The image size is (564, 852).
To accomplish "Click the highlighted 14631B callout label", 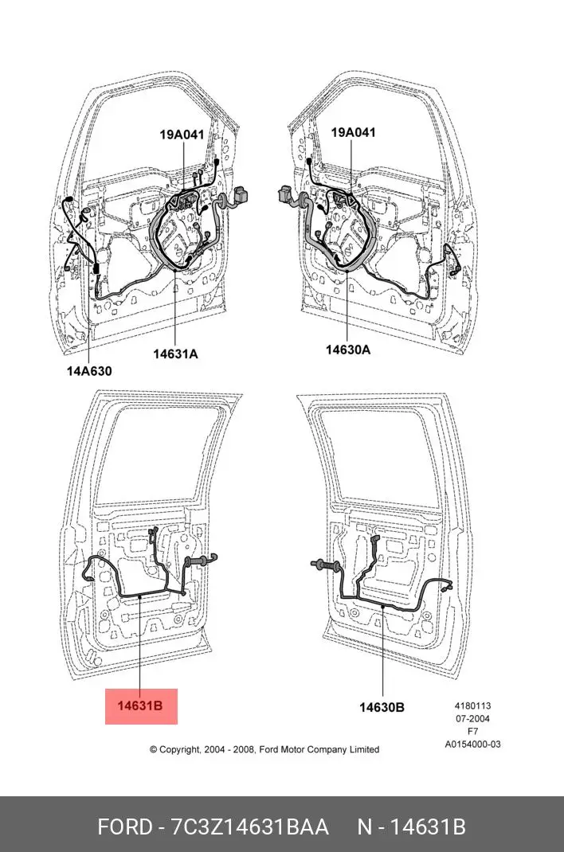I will coord(140,705).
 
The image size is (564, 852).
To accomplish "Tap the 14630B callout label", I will coord(382,707).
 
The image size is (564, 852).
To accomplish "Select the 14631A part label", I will coord(175,354).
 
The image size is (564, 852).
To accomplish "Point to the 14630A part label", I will coord(348,350).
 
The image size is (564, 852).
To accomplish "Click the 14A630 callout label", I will coord(89,370).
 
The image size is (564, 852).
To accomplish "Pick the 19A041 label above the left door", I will coord(182,135).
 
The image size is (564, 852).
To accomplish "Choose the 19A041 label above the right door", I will coord(353,133).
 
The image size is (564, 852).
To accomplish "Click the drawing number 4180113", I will coord(472,705).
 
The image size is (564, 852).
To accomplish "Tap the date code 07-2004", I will coord(472,718).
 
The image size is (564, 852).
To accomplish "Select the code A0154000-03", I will coord(472,745).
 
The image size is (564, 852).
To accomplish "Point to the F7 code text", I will coord(472,731).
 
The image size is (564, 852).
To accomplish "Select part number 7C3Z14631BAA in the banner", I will coord(250,827).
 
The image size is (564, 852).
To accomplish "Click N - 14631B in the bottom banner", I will coord(410,827).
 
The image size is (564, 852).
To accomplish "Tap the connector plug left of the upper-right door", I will coord(284,193).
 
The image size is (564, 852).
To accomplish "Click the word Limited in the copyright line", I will coord(362,749).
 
